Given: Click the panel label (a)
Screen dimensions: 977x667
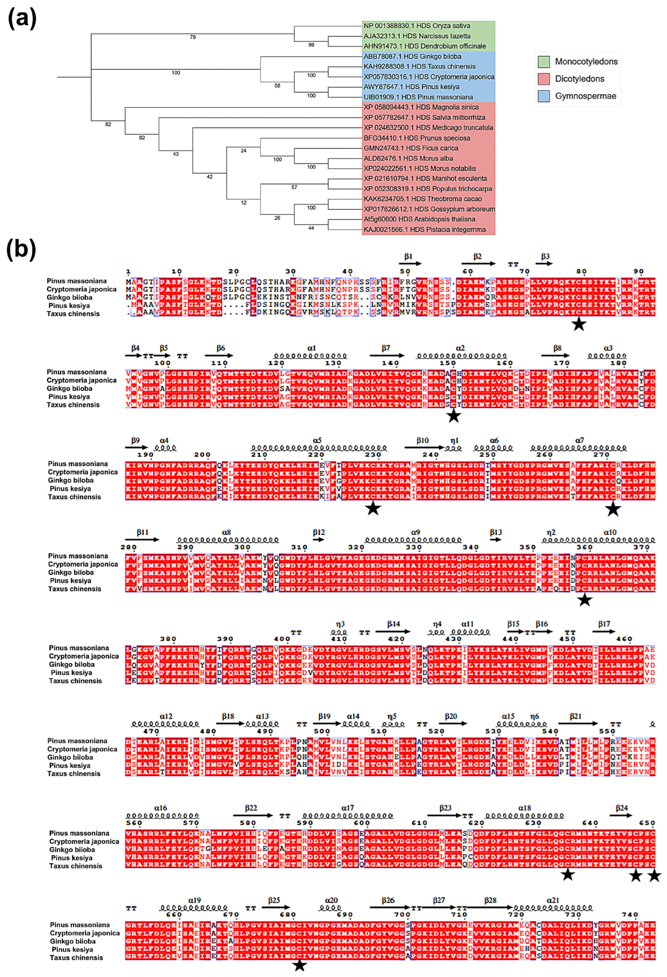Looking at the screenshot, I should coord(22,19).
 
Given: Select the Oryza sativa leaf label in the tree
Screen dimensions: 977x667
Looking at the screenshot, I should coord(417,26).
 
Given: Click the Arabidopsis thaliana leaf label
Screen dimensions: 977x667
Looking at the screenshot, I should coord(419,219).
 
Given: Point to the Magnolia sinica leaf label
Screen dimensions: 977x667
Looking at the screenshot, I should coord(421,107).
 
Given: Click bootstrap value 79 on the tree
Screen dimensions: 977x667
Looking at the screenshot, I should coord(193,37).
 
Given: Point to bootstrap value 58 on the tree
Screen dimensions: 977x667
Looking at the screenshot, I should coord(277,85).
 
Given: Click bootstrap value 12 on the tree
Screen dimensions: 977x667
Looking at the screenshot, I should coord(244,203).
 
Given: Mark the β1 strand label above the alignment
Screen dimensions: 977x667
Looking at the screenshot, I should coord(408,257).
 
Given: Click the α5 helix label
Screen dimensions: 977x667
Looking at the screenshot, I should coord(317,440).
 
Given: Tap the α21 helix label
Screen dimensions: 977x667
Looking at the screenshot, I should coord(553,900).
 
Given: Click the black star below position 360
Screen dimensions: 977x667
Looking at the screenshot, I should coord(584,600).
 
